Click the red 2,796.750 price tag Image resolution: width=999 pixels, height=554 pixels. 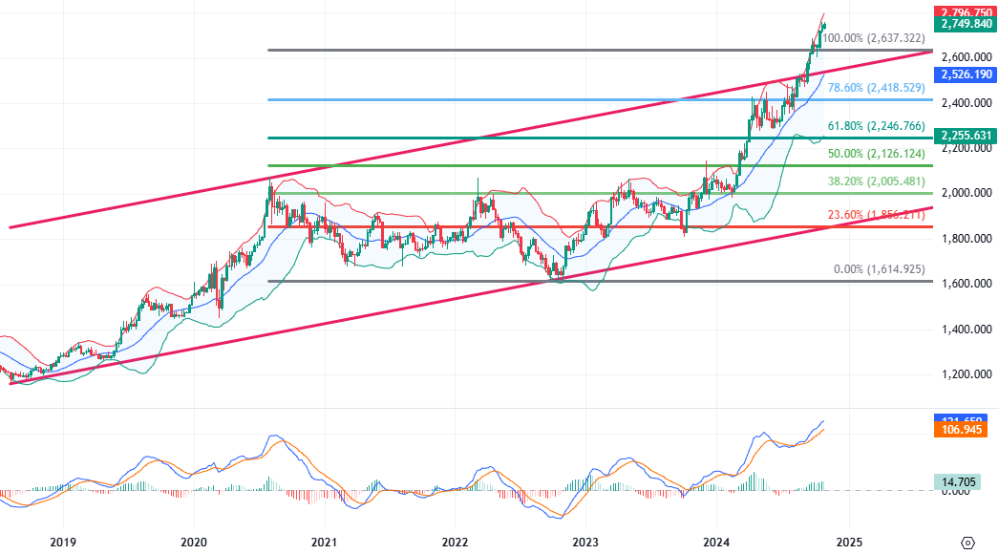point(966,11)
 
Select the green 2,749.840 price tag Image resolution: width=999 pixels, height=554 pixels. point(966,24)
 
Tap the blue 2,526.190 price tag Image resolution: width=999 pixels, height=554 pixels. point(966,74)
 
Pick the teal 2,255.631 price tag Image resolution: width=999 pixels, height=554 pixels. point(966,136)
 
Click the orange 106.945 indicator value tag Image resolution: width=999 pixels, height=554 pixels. point(966,431)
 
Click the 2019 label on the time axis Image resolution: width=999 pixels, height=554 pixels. point(63,542)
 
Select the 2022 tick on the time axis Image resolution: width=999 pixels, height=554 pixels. point(456,542)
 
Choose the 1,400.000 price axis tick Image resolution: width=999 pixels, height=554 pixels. point(966,330)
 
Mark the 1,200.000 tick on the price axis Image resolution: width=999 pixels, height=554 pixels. point(966,374)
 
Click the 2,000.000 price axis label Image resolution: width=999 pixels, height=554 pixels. point(966,193)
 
